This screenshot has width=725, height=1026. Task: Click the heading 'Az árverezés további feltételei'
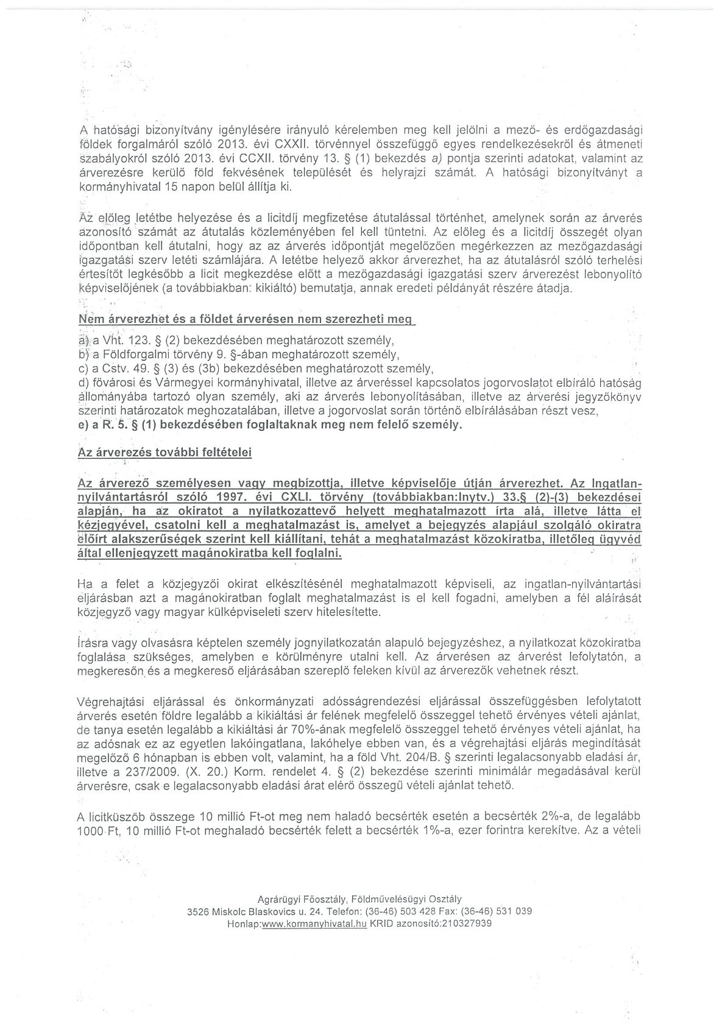(165, 453)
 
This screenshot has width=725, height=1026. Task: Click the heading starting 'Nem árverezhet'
(246, 319)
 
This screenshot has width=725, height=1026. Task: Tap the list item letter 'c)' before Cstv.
(84, 369)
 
